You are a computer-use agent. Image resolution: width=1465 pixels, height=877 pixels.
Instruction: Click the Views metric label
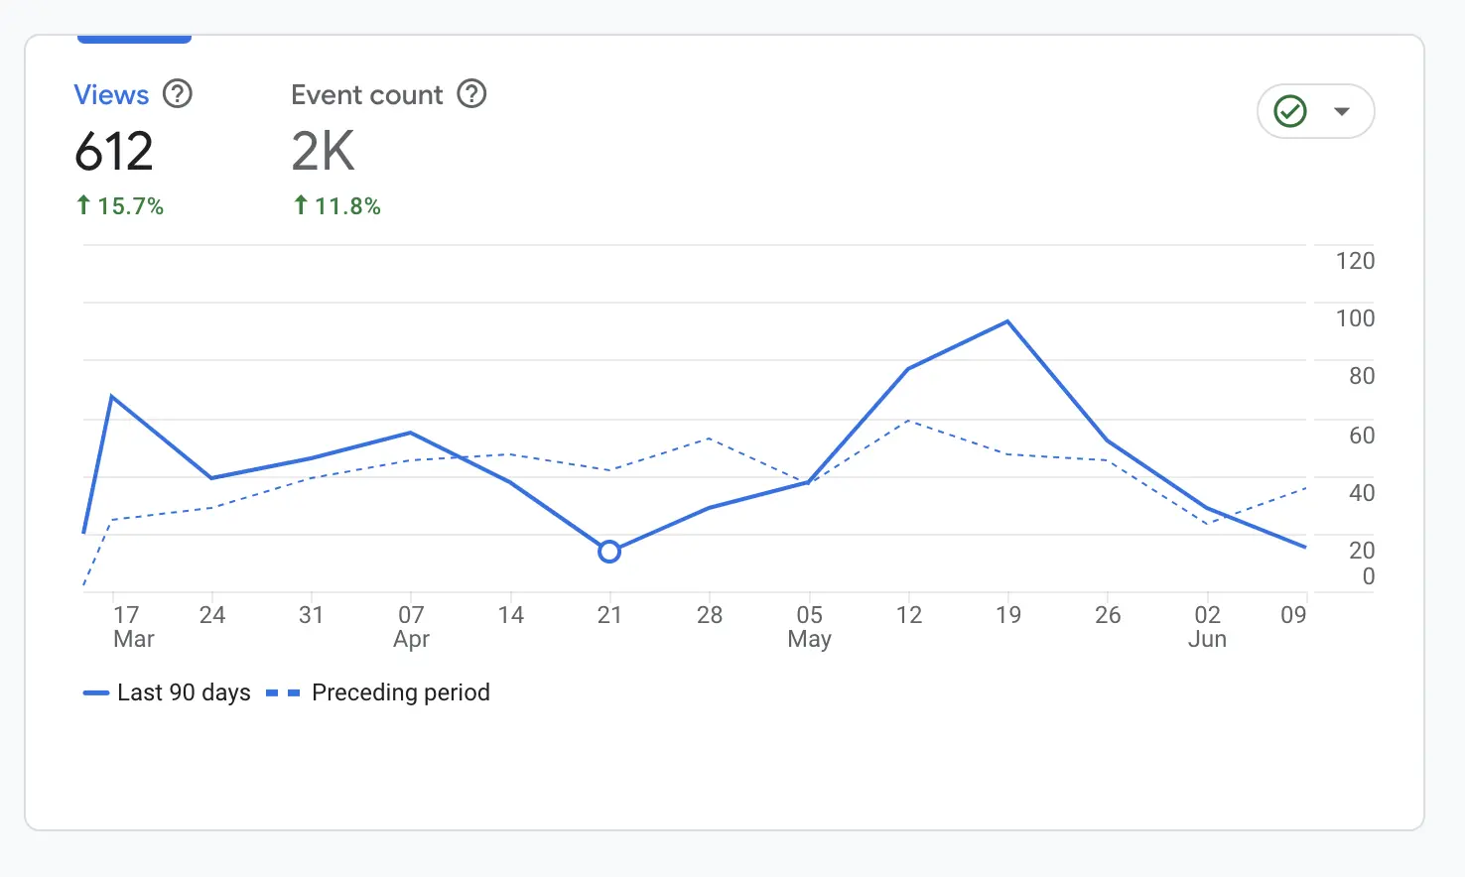pyautogui.click(x=111, y=95)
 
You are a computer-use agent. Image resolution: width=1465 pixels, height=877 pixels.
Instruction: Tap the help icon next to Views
pyautogui.click(x=178, y=94)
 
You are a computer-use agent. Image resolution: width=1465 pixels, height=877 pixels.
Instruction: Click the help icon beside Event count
pyautogui.click(x=471, y=94)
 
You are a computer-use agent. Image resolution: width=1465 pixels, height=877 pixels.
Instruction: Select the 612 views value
pyautogui.click(x=114, y=152)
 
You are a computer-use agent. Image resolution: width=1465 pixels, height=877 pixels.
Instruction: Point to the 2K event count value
pyautogui.click(x=323, y=152)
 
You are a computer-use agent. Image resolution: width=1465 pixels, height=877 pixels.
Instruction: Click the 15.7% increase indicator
pyautogui.click(x=120, y=206)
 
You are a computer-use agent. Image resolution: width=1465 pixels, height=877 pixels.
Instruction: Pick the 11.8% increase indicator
pyautogui.click(x=337, y=206)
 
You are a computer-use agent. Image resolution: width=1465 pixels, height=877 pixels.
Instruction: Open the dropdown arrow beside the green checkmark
pyautogui.click(x=1342, y=111)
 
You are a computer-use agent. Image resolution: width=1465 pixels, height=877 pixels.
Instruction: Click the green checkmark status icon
pyautogui.click(x=1290, y=111)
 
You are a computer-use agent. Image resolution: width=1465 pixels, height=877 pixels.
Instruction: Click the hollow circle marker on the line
pyautogui.click(x=609, y=552)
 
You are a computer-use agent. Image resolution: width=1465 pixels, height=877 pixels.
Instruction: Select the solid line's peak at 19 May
pyautogui.click(x=1007, y=321)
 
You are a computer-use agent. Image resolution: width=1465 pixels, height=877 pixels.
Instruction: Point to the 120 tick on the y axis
pyautogui.click(x=1355, y=261)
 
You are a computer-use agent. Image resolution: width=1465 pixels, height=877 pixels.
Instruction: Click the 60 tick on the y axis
pyautogui.click(x=1361, y=436)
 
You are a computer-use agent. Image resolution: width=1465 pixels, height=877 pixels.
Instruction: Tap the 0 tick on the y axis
pyautogui.click(x=1368, y=576)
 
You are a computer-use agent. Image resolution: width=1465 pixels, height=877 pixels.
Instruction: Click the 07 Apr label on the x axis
pyautogui.click(x=411, y=627)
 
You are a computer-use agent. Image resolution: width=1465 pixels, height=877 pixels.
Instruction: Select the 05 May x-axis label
pyautogui.click(x=809, y=627)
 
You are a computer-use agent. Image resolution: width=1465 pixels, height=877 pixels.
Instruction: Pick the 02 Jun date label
pyautogui.click(x=1207, y=627)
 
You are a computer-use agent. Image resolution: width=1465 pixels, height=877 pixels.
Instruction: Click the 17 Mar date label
pyautogui.click(x=133, y=627)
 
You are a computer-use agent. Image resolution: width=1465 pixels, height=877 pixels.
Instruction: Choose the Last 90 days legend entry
pyautogui.click(x=167, y=692)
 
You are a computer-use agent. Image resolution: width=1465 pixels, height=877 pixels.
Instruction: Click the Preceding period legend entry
pyautogui.click(x=379, y=692)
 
